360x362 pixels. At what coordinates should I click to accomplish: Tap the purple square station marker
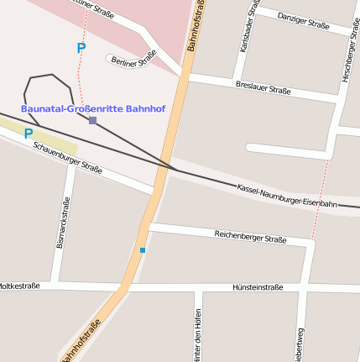click(x=92, y=121)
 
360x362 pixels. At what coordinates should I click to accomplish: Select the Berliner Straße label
click(x=134, y=60)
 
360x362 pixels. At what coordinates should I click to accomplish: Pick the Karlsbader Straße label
click(x=248, y=29)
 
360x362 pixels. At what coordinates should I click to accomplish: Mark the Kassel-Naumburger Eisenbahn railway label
click(x=287, y=195)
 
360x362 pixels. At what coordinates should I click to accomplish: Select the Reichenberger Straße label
click(x=250, y=236)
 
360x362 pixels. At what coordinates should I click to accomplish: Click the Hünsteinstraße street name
click(x=258, y=287)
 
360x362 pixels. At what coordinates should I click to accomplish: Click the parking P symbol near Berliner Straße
click(x=81, y=49)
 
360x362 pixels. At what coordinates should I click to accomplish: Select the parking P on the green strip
click(x=29, y=134)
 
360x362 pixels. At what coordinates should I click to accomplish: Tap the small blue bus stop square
click(x=143, y=250)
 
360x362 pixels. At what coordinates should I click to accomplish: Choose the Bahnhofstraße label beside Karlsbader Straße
click(x=198, y=25)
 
